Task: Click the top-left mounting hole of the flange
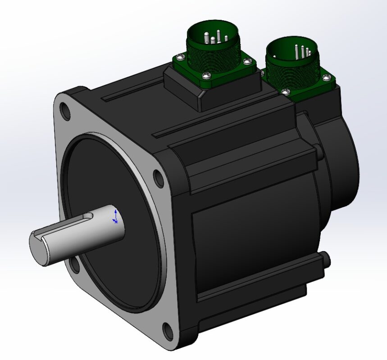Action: click(x=65, y=111)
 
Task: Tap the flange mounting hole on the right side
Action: click(x=159, y=178)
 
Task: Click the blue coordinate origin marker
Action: click(x=116, y=216)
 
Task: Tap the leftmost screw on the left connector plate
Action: click(x=181, y=57)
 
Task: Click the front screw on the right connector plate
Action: click(x=285, y=91)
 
